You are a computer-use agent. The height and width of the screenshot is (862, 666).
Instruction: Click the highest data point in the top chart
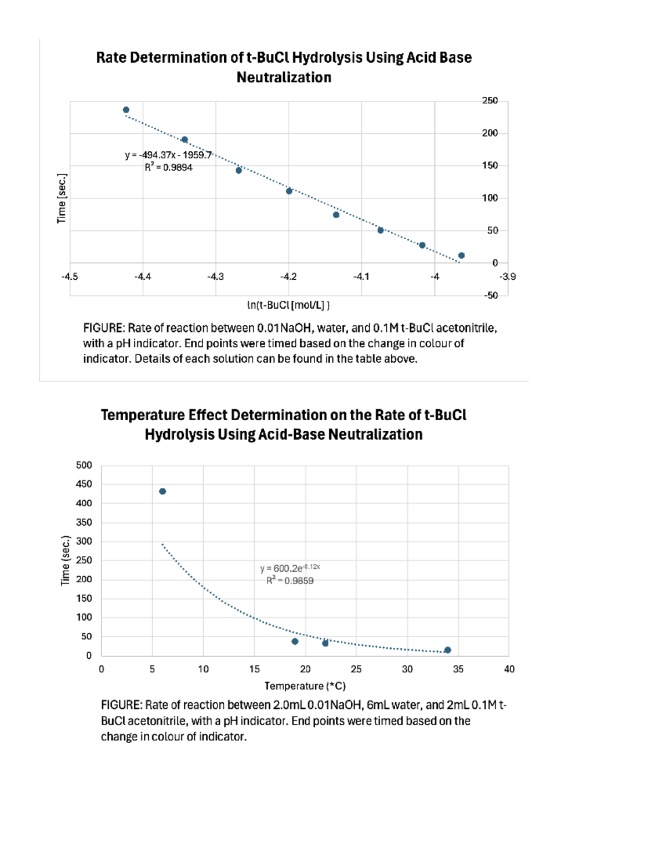point(126,110)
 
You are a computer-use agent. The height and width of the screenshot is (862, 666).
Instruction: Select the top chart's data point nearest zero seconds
point(461,255)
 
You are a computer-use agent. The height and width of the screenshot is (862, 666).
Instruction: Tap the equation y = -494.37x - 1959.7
point(168,155)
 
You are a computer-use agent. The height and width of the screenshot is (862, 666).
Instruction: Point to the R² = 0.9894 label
point(169,167)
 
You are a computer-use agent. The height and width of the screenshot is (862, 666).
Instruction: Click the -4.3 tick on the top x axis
point(215,276)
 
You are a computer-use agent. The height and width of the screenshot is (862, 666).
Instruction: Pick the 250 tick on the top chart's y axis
point(490,100)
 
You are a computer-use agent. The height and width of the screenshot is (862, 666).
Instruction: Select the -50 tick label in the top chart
point(490,295)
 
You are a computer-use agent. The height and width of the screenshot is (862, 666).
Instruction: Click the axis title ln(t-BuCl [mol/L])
point(288,305)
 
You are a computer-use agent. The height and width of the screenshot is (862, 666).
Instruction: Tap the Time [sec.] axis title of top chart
point(62,198)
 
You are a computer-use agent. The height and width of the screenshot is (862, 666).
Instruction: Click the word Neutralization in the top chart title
point(284,77)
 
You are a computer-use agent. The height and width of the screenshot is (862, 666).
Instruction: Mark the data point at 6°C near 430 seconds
point(163,491)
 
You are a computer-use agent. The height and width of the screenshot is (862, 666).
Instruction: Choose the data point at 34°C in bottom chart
point(448,650)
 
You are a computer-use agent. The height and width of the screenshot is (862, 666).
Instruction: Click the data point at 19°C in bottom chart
point(295,641)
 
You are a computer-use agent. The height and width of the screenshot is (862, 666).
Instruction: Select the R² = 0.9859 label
point(290,581)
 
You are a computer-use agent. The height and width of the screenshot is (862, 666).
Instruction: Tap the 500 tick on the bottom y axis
point(84,465)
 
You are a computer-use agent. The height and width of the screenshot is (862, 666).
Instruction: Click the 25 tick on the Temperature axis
point(356,669)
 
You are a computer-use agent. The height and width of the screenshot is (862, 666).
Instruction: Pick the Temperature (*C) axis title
point(305,686)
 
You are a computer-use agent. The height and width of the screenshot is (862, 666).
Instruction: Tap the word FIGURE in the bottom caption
point(120,705)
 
